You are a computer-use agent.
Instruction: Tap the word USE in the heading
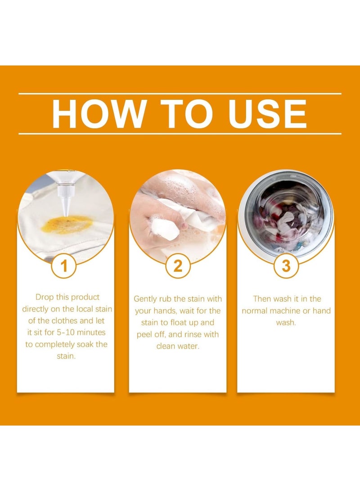(267, 114)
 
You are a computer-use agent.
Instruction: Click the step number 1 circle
(64, 266)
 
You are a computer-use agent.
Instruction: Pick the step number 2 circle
(178, 266)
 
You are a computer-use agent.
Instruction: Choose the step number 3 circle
(286, 266)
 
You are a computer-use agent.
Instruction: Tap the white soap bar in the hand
(165, 229)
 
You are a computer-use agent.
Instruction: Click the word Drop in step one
(44, 297)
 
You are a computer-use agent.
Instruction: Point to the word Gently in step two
(145, 299)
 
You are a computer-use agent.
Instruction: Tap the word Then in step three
(262, 299)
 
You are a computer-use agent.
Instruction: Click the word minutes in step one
(91, 332)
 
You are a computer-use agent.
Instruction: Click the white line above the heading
(180, 94)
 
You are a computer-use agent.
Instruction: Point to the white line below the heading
(180, 134)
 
